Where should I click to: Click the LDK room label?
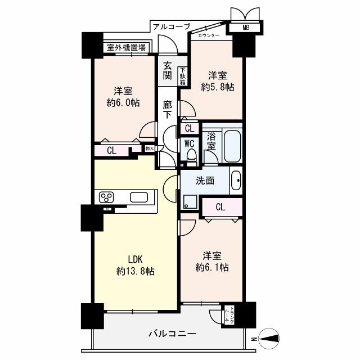click(134, 259)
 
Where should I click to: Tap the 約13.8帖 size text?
click(136, 271)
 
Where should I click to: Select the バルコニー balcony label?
click(172, 334)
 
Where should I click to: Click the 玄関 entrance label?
click(168, 70)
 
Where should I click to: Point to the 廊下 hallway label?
click(168, 109)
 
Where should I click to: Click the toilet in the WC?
click(191, 155)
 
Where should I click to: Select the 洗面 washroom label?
click(205, 181)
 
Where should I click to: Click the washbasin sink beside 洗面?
click(236, 181)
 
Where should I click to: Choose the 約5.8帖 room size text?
click(218, 87)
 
